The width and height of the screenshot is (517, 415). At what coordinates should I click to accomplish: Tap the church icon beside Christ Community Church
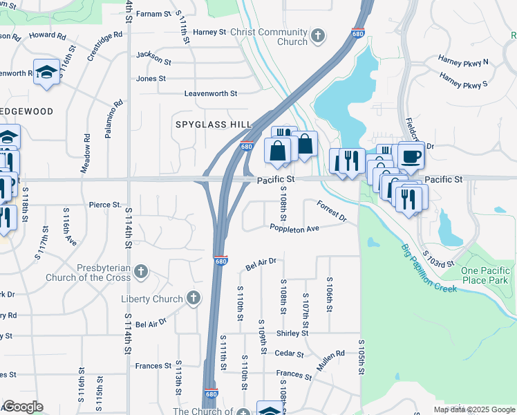(x=317, y=35)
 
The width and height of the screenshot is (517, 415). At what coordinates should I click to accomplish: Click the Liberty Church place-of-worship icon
(x=194, y=299)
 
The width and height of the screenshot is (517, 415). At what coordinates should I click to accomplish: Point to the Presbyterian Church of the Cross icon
(x=141, y=271)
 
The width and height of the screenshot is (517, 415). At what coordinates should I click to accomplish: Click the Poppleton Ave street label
(x=294, y=228)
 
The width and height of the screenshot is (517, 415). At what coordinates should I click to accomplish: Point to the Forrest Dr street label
(x=332, y=210)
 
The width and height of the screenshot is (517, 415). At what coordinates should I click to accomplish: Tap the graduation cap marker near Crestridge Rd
(x=46, y=73)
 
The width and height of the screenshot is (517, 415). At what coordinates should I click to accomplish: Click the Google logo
(x=22, y=407)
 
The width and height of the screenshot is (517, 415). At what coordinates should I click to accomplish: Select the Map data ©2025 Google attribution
(x=473, y=409)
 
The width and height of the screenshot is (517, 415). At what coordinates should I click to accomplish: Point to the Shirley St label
(x=292, y=333)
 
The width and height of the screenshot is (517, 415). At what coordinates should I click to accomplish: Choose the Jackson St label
(x=153, y=55)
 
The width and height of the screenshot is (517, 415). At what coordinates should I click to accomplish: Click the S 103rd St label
(x=439, y=258)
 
